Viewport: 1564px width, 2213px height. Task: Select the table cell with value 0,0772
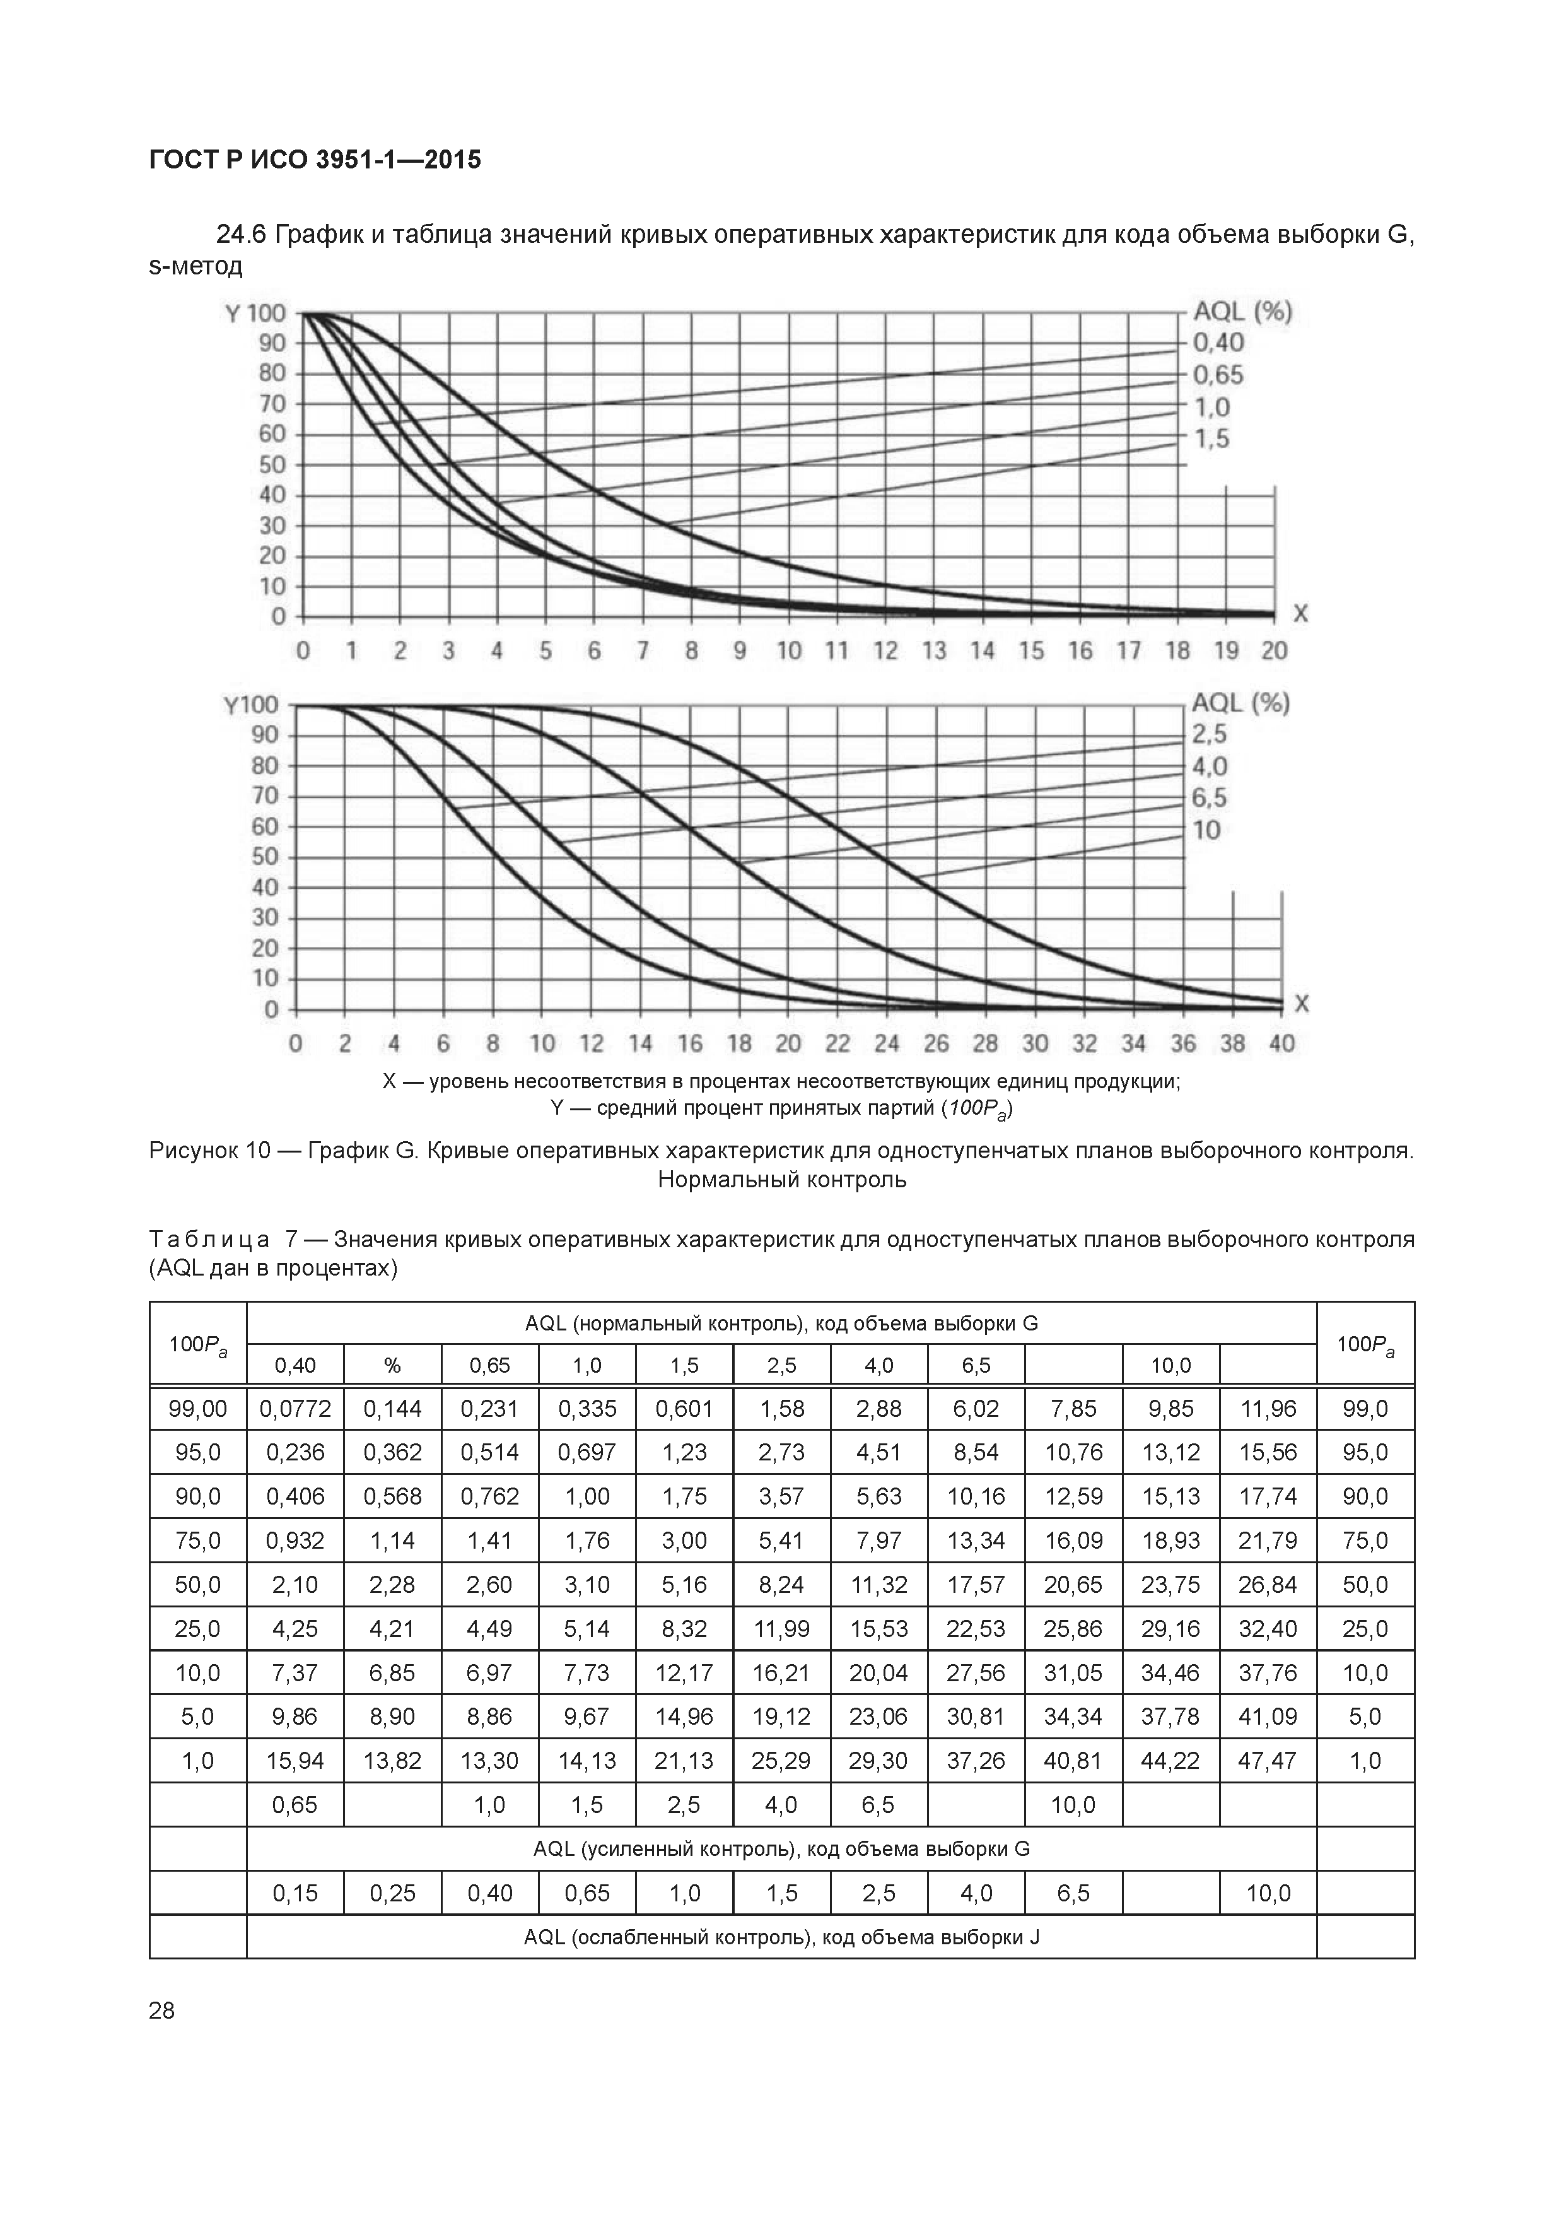click(x=295, y=1409)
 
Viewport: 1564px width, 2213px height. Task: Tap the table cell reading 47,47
click(x=1268, y=1761)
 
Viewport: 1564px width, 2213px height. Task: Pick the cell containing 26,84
click(x=1268, y=1585)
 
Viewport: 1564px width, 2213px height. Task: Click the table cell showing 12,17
click(x=684, y=1673)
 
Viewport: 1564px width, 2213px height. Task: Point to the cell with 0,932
click(x=295, y=1541)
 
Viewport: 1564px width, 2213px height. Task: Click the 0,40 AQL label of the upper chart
click(x=1219, y=342)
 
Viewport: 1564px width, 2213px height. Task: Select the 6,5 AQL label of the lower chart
click(x=1210, y=798)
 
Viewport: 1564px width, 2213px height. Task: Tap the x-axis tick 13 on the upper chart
click(x=934, y=652)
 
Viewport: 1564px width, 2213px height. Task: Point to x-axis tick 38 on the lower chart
click(x=1232, y=1044)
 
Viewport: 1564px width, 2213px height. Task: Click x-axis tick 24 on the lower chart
click(x=887, y=1044)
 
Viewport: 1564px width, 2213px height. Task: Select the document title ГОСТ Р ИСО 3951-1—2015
click(x=315, y=160)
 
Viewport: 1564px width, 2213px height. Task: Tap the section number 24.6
click(x=242, y=234)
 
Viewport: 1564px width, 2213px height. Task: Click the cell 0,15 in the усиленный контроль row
click(x=295, y=1893)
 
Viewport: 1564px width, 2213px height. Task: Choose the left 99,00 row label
click(x=197, y=1409)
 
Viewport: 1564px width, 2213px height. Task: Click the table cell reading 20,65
click(x=1073, y=1585)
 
